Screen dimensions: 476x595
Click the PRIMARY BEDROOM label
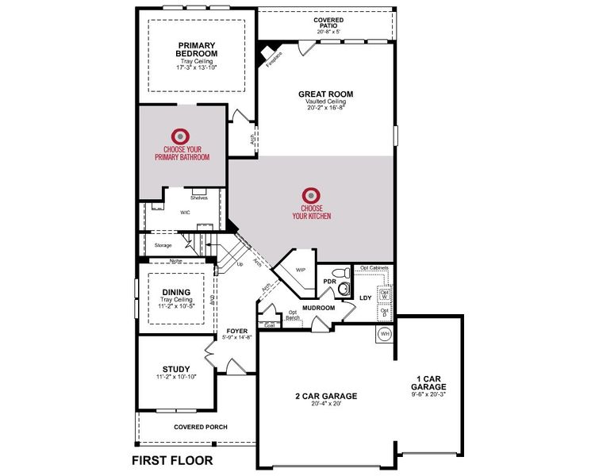tap(198, 49)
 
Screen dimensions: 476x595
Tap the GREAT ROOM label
tap(325, 94)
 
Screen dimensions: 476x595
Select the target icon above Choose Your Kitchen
tap(311, 195)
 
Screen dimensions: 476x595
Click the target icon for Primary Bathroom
tap(182, 136)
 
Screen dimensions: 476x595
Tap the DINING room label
tap(176, 291)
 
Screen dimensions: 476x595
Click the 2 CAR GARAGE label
tap(326, 395)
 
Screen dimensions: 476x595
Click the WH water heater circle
tap(386, 333)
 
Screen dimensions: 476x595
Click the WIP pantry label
tap(301, 270)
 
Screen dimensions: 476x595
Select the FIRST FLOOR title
tap(172, 460)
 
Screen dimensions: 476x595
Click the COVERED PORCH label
tap(201, 427)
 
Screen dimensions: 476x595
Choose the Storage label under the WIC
tap(163, 246)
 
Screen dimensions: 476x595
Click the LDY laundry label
tap(366, 297)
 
